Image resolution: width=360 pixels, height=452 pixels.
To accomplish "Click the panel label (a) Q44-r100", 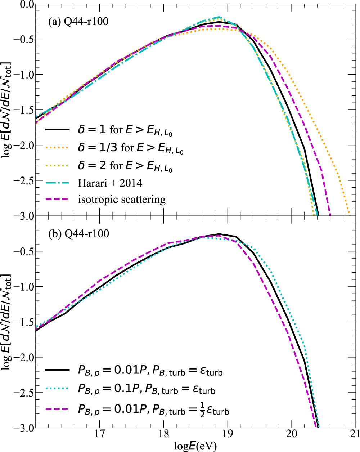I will coord(78,22).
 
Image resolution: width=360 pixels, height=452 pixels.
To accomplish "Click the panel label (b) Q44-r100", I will coord(78,234).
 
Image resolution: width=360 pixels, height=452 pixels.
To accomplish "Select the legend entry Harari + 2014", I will coord(110,183).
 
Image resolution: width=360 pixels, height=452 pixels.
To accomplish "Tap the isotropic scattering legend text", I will coord(122,200).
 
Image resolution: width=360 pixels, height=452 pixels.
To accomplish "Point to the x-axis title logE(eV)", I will coord(195,446).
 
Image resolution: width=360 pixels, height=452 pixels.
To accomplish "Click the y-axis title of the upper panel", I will coord(6,110).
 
